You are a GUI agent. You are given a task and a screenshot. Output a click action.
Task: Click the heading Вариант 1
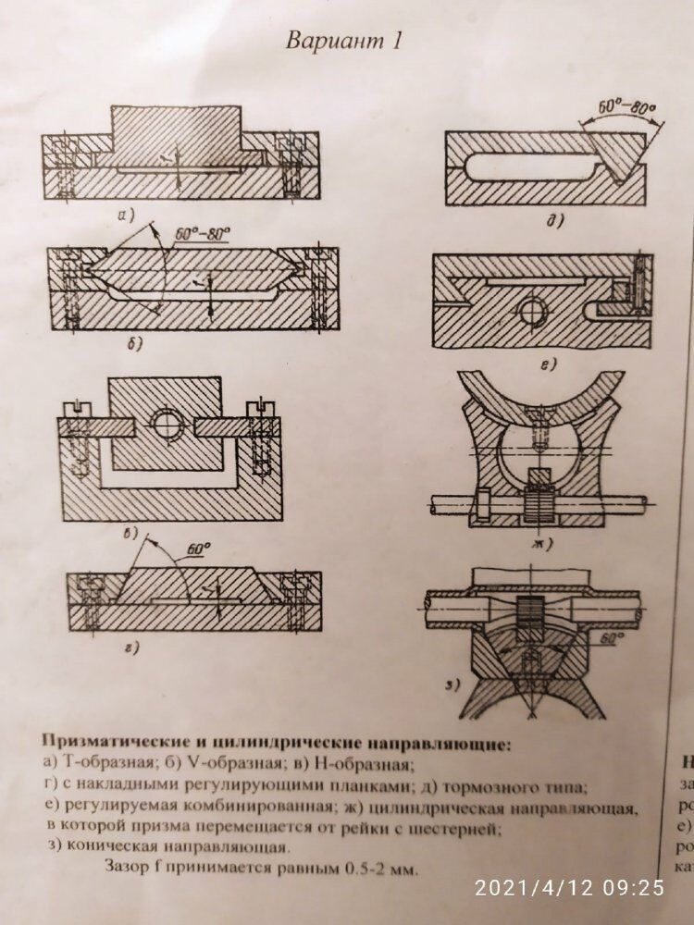tap(343, 42)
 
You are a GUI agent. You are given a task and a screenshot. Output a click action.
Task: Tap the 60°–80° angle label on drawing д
tap(626, 108)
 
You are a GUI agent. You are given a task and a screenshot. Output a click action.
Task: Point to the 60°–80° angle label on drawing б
tap(203, 235)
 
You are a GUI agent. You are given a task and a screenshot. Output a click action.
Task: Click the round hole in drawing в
tap(168, 424)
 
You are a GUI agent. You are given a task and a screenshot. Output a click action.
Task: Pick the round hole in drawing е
tap(533, 313)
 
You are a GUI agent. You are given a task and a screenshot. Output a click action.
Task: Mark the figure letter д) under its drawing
tap(557, 220)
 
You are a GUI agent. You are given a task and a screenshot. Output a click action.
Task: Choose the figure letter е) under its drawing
tap(548, 364)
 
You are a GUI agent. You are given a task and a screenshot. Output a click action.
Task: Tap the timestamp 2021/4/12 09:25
tap(569, 887)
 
